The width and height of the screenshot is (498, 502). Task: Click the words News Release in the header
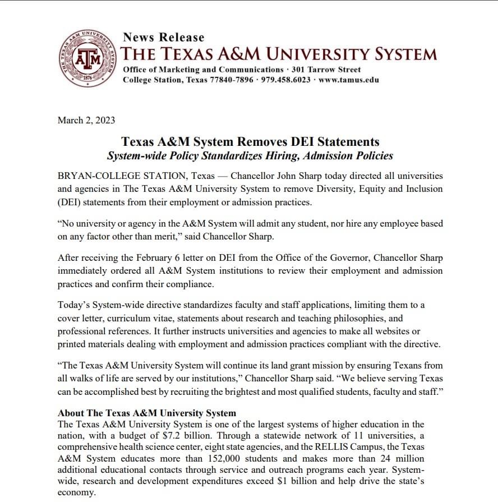pyautogui.click(x=163, y=38)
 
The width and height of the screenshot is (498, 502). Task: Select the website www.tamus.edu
pyautogui.click(x=348, y=80)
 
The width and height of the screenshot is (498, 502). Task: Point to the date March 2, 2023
pyautogui.click(x=86, y=119)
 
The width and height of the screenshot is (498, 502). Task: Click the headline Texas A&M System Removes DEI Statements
pyautogui.click(x=250, y=142)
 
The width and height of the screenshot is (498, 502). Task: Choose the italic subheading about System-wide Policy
pyautogui.click(x=250, y=156)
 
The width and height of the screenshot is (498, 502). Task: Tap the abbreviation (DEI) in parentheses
pyautogui.click(x=71, y=202)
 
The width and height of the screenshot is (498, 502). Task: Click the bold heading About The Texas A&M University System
pyautogui.click(x=147, y=413)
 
